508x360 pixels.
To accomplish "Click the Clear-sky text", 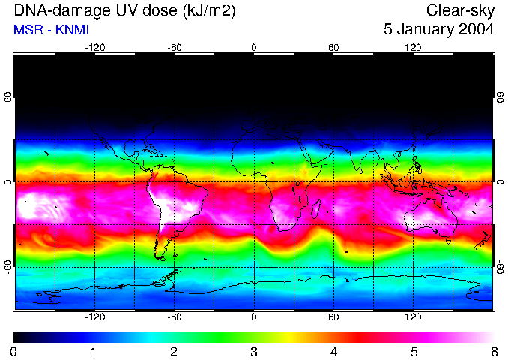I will click(x=460, y=10).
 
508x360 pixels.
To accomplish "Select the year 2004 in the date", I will click(x=476, y=30).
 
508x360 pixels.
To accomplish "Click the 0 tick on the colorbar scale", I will click(x=13, y=351).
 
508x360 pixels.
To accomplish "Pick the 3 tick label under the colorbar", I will click(x=253, y=351).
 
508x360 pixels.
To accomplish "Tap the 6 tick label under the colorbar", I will click(x=493, y=351).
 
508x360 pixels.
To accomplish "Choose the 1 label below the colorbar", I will click(x=94, y=351).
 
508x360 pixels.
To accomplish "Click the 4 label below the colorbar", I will click(x=333, y=351).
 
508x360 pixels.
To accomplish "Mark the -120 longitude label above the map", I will click(x=94, y=47).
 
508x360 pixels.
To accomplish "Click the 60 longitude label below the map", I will click(x=333, y=316).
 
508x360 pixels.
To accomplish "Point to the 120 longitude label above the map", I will click(x=413, y=47).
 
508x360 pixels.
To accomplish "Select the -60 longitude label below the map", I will click(x=174, y=316).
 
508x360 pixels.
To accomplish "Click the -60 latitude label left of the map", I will click(x=7, y=267).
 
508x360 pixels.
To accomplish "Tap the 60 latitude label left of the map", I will click(x=7, y=98).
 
